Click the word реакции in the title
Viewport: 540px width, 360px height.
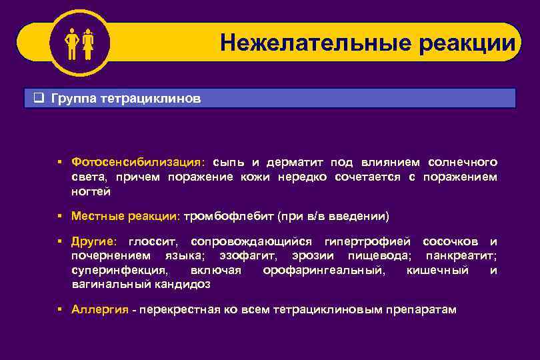tap(467, 43)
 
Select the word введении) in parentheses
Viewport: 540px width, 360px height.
tap(363, 217)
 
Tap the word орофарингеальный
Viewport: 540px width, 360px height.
tap(323, 270)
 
